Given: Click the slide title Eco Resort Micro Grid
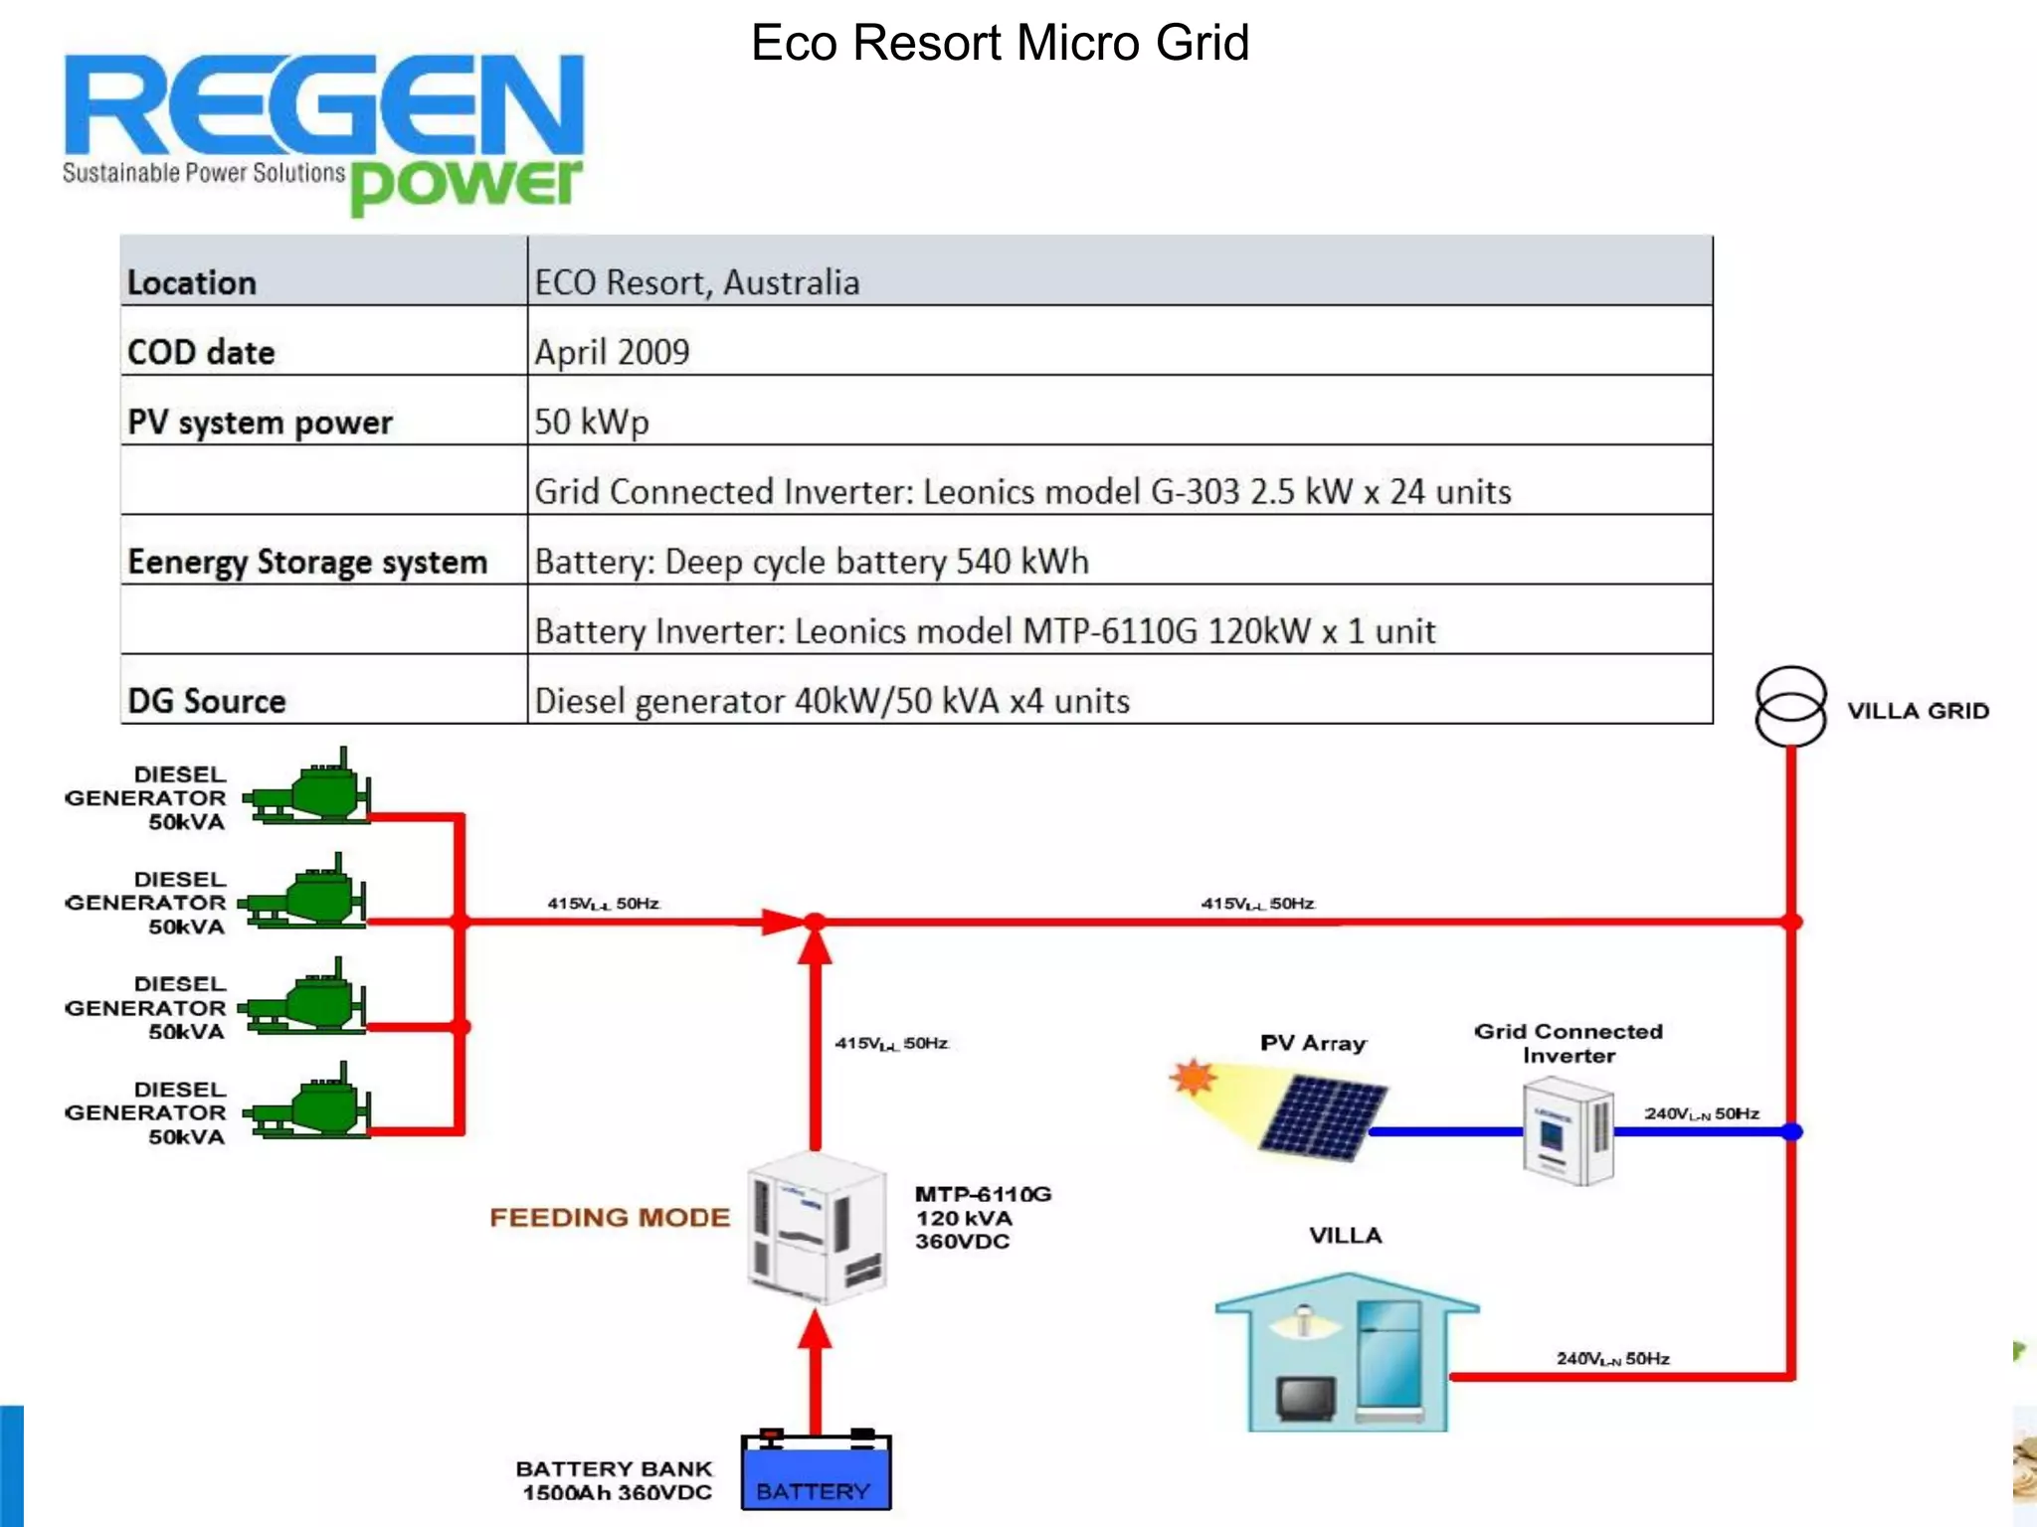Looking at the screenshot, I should [1000, 44].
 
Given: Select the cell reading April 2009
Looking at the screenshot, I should [612, 352].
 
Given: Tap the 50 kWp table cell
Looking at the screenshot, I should [592, 422].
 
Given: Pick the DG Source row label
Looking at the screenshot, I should [207, 701].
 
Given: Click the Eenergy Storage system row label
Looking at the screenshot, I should [307, 562].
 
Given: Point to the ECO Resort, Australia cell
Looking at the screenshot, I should [696, 282].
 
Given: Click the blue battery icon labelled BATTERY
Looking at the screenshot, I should [816, 1473].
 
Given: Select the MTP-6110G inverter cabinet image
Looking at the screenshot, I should [816, 1228].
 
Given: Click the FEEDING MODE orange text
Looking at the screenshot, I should [610, 1218].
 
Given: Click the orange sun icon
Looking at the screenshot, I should [1193, 1077].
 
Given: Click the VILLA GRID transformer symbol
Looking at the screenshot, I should [1790, 706].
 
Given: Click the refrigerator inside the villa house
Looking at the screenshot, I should [1389, 1357].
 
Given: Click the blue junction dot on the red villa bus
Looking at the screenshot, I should [1791, 1131].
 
